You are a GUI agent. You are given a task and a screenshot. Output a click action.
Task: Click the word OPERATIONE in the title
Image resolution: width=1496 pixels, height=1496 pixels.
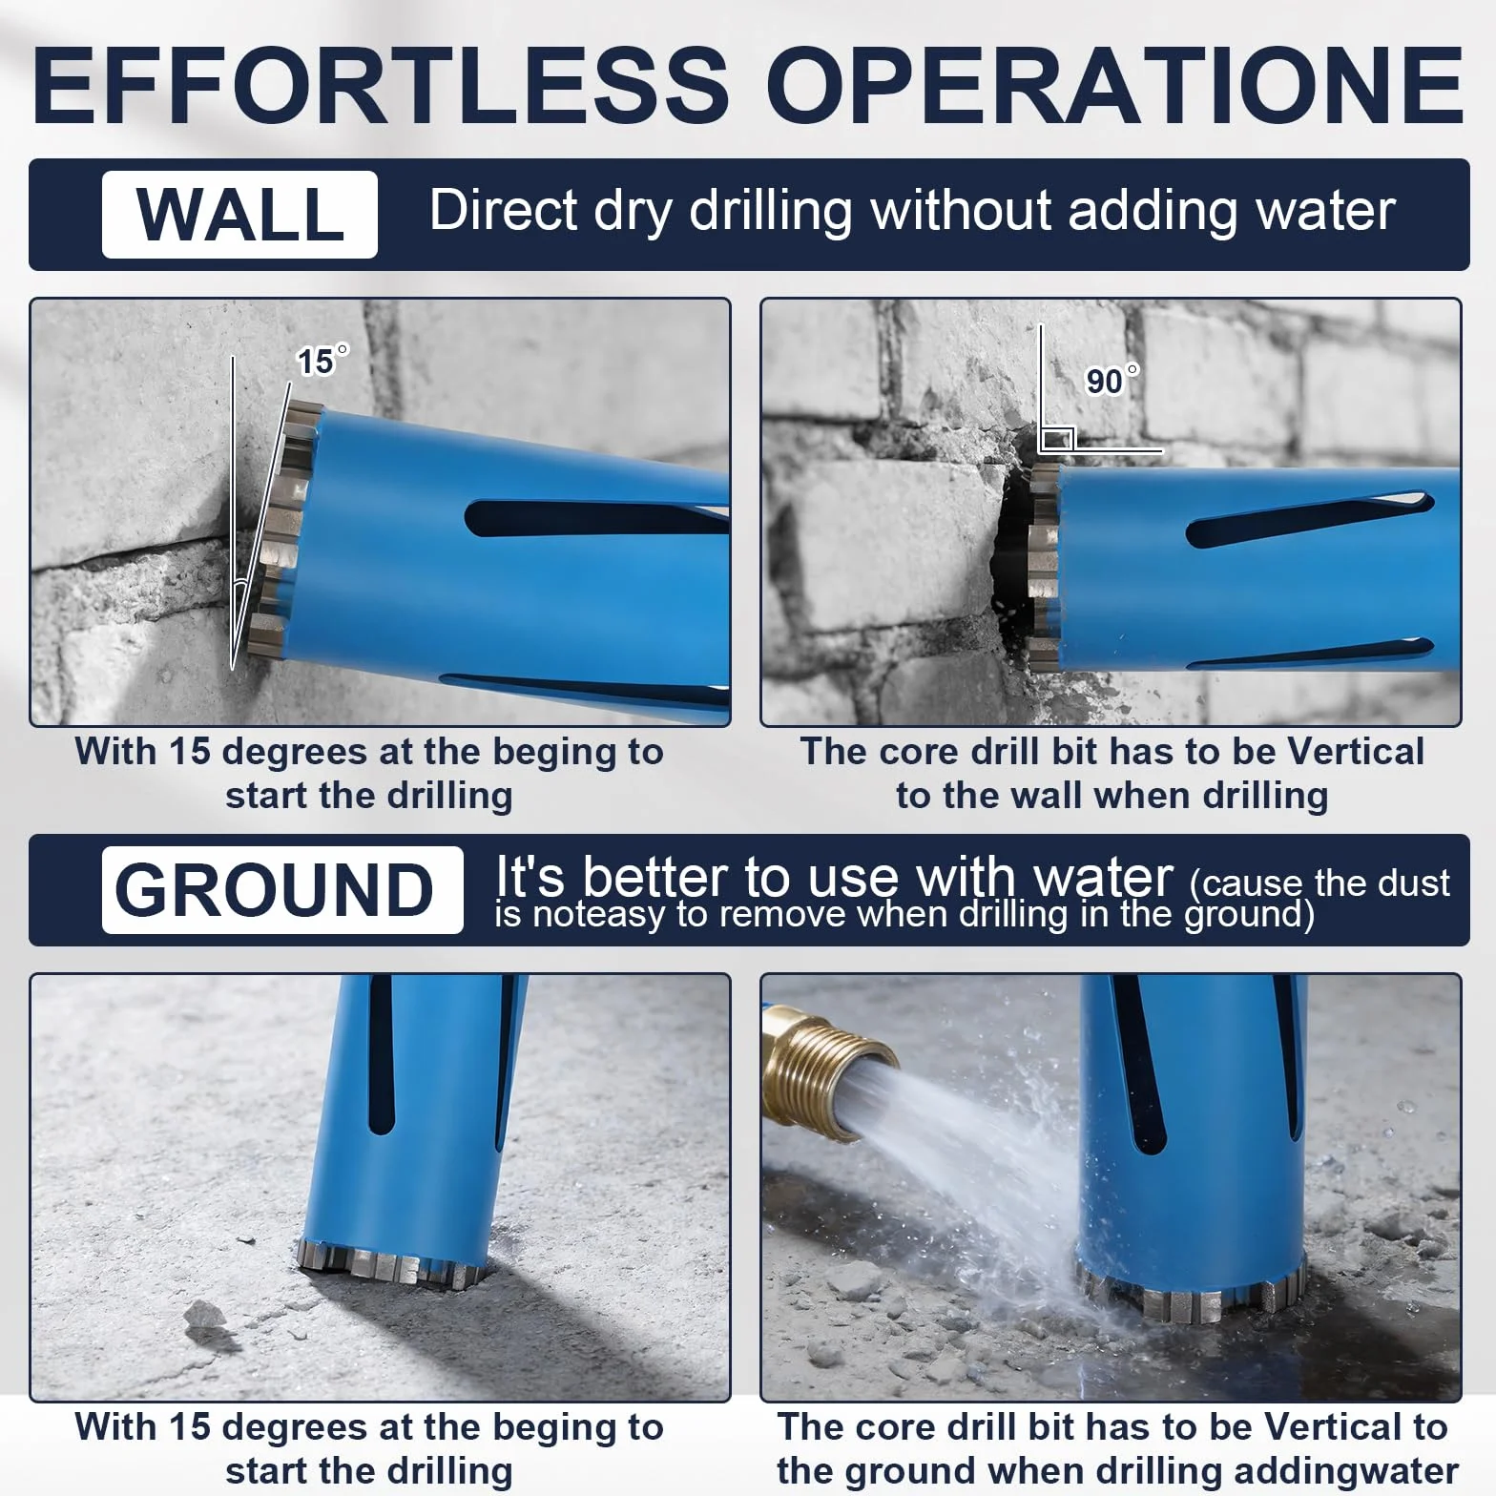click(1114, 84)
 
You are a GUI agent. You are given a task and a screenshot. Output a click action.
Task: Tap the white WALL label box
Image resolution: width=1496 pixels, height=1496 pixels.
click(239, 215)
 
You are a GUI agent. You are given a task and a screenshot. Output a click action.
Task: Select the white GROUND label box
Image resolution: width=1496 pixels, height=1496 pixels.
click(282, 889)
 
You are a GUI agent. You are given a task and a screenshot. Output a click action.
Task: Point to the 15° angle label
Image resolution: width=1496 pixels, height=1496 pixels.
click(322, 361)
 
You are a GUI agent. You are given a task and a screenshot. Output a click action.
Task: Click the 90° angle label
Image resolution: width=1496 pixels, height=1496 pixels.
click(1112, 380)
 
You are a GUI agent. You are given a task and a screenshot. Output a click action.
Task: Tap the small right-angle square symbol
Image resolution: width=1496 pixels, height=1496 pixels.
click(1057, 439)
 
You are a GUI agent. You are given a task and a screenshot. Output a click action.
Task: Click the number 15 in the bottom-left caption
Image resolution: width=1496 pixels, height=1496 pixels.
click(189, 1427)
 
